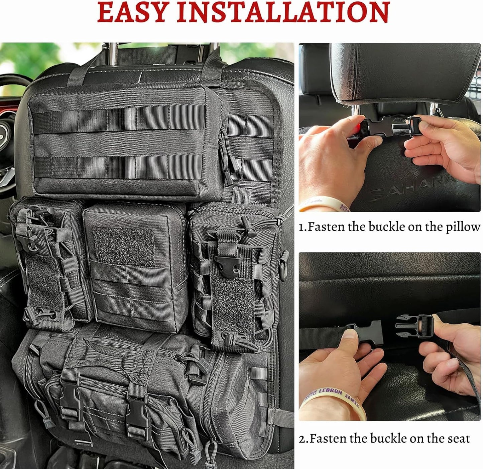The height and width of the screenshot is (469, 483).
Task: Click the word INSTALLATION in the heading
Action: click(x=283, y=12)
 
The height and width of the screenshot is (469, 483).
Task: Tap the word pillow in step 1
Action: click(x=463, y=227)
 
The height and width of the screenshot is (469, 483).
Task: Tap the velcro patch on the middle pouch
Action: click(x=124, y=246)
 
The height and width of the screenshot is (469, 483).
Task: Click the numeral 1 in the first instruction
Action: click(x=301, y=227)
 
